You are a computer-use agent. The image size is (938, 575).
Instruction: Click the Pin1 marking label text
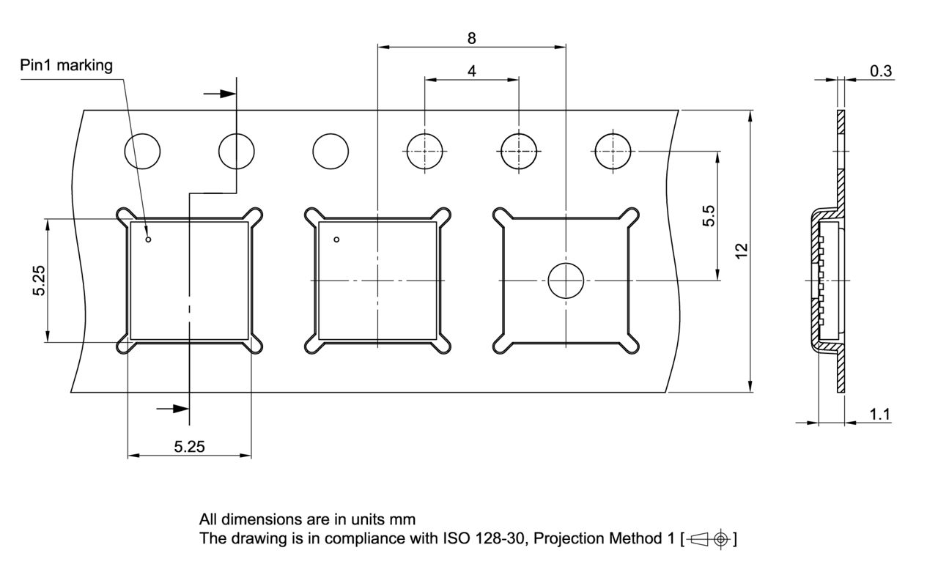66,65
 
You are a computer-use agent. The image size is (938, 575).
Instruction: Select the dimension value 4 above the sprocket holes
471,70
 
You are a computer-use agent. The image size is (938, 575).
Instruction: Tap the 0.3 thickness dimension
881,70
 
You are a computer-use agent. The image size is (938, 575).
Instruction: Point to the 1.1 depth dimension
880,415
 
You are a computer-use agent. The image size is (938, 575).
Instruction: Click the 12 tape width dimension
741,250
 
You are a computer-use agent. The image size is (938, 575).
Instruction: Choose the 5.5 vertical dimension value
708,215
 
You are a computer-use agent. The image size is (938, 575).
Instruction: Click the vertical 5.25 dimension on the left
38,280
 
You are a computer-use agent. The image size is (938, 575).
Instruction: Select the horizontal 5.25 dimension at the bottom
189,446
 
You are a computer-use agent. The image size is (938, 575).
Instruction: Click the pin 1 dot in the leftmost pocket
148,239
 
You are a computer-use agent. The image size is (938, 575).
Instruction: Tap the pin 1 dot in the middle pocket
336,240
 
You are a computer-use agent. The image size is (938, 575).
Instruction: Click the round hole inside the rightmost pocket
566,281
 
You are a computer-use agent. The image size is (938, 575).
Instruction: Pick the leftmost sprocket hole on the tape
142,152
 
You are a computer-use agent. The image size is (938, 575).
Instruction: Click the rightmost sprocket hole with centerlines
613,152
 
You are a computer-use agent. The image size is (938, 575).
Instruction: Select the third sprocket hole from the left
330,152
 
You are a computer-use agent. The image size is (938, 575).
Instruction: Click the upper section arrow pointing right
219,94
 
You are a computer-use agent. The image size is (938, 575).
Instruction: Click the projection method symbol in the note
709,539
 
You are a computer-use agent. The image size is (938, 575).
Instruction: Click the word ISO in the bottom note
456,539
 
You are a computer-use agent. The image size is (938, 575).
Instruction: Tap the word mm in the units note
402,519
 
